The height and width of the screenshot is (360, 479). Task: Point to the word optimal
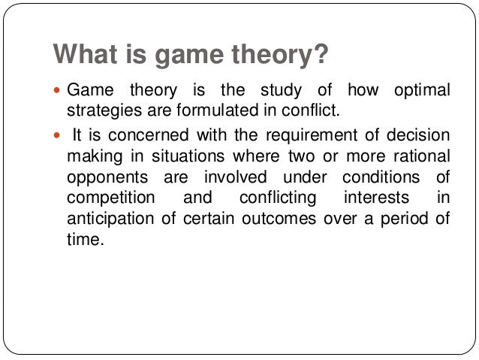(x=421, y=91)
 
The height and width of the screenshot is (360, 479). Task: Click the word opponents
(x=101, y=178)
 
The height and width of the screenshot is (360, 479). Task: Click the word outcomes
(x=289, y=220)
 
